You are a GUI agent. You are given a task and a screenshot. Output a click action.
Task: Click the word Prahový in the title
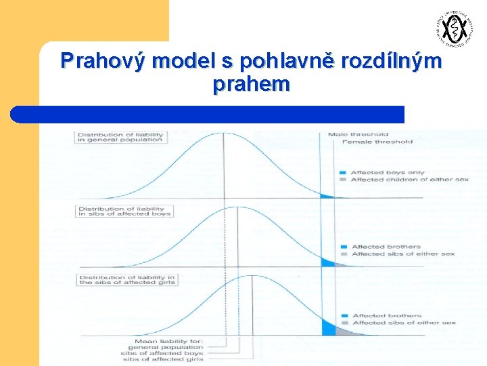103,62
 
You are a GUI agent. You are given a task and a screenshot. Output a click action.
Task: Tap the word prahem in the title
251,85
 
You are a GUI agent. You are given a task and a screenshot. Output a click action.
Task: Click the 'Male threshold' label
358,134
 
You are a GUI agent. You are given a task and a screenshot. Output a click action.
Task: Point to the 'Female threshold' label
377,142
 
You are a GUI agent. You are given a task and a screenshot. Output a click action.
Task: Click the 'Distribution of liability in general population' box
120,137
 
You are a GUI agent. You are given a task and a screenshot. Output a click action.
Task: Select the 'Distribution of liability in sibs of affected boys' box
124,211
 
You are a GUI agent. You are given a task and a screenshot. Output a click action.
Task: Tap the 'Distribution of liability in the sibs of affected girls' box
127,279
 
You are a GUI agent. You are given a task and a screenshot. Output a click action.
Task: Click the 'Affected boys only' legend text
388,172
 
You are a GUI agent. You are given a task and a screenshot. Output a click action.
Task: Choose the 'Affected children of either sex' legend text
400,180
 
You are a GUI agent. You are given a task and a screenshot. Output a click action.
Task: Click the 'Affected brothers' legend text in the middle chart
386,247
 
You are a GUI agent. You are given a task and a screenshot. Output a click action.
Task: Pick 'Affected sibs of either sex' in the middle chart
403,254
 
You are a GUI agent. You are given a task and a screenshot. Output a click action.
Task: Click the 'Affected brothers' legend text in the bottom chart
387,316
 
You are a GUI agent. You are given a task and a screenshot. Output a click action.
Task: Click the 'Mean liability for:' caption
169,340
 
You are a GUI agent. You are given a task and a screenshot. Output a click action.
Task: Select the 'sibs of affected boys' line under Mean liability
162,354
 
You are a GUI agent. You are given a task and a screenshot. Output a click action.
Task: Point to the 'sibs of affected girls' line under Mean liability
162,361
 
